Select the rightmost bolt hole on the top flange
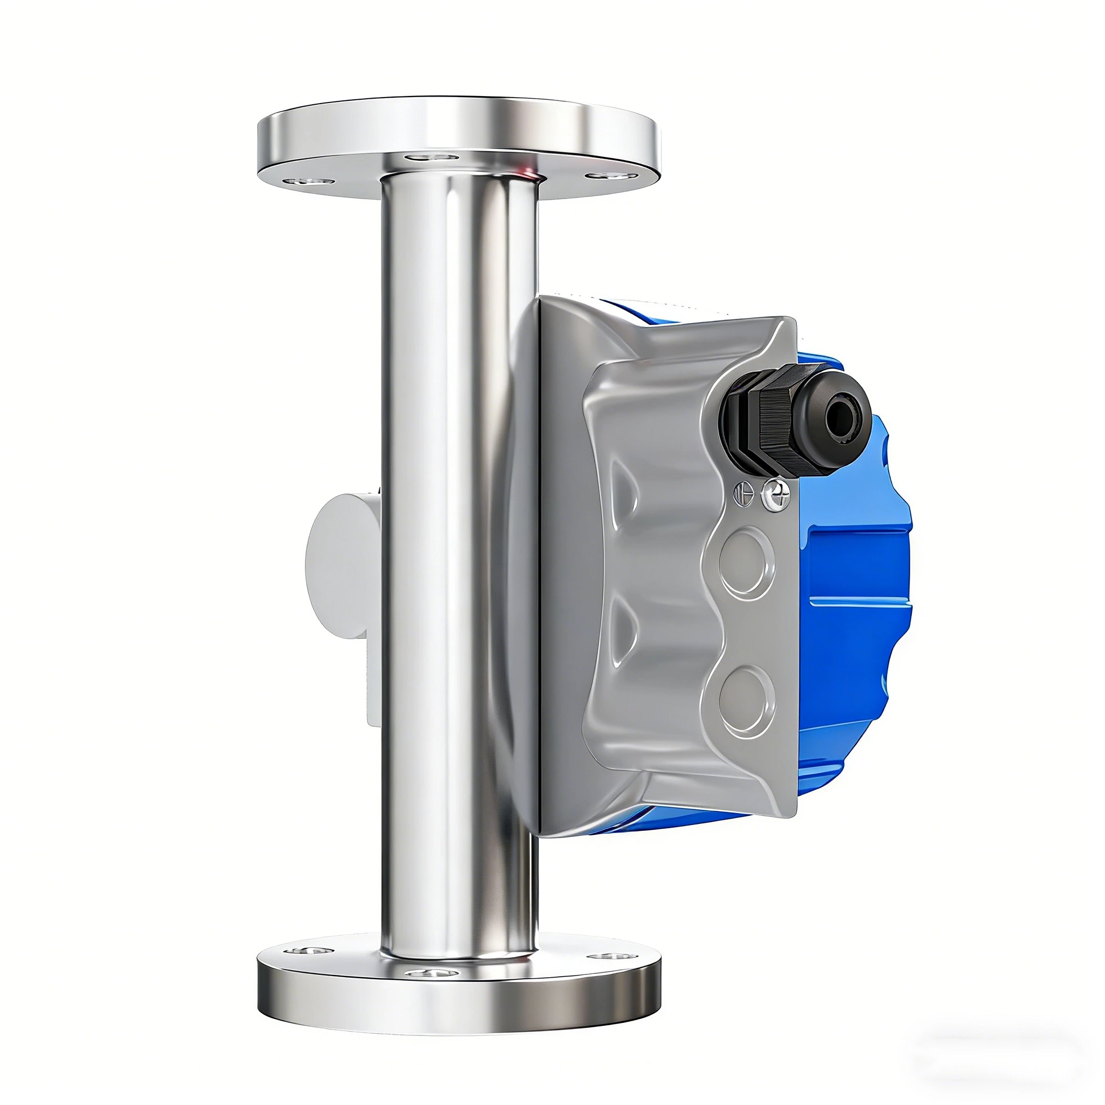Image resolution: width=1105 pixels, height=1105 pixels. [611, 175]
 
